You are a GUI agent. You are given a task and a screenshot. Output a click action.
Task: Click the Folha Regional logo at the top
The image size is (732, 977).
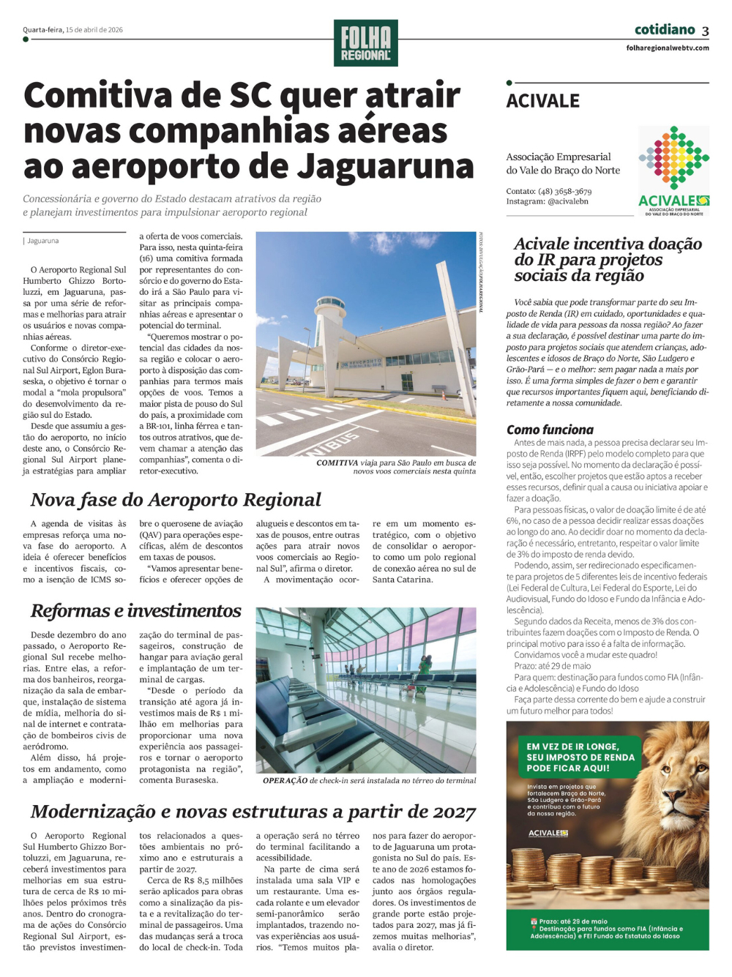tap(365, 43)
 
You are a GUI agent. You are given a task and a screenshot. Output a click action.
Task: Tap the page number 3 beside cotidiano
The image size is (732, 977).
tap(705, 31)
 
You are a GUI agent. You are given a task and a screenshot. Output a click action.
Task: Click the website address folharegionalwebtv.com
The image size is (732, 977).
tap(668, 48)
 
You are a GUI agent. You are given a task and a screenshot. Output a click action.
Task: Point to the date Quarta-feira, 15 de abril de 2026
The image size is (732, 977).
tap(72, 30)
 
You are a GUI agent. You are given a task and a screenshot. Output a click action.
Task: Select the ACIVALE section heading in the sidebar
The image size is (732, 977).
tap(543, 101)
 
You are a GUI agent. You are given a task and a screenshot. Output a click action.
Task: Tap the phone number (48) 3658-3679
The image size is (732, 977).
tap(564, 191)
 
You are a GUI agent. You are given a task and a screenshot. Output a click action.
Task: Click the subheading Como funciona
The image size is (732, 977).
tap(550, 430)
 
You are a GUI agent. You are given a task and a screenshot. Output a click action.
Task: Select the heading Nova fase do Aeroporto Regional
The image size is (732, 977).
tap(176, 500)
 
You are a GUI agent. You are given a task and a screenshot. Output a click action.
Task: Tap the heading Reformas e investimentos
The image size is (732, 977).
tap(136, 611)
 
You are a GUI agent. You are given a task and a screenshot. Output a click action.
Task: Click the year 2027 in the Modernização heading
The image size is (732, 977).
tap(452, 812)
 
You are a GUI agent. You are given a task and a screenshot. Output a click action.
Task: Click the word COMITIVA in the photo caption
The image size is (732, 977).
tap(337, 463)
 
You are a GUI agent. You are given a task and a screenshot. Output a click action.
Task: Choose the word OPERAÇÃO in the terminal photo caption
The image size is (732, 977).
tap(285, 781)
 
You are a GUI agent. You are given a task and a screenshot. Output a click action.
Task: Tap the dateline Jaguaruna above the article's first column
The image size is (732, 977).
tap(43, 241)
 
